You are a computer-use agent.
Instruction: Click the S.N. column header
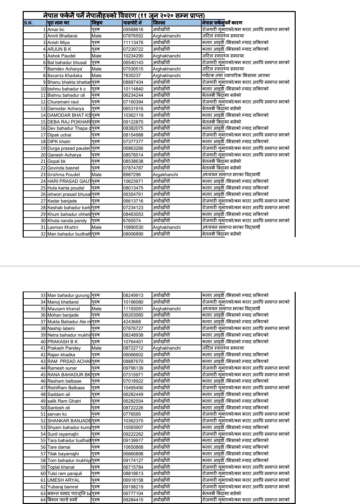28,23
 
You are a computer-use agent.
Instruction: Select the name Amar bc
56,29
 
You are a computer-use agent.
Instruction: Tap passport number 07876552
133,36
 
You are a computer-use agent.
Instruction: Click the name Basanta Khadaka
65,76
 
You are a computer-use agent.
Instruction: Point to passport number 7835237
132,76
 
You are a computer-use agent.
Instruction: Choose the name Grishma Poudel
64,174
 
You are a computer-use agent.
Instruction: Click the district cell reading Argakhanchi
165,174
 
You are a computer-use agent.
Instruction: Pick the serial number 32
43,234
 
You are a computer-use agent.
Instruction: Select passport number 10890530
133,227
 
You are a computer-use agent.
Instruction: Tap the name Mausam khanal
64,309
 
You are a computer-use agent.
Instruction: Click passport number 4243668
132,322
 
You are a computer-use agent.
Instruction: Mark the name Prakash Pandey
64,348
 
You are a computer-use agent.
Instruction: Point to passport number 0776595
132,414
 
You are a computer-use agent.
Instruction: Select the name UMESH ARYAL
64,480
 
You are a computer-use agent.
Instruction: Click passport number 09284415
133,500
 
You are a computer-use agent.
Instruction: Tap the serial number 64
43,500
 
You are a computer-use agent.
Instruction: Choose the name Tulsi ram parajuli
65,474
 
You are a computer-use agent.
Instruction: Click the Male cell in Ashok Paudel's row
97,56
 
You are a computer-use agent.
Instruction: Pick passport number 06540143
133,62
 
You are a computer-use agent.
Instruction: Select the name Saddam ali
59,394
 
